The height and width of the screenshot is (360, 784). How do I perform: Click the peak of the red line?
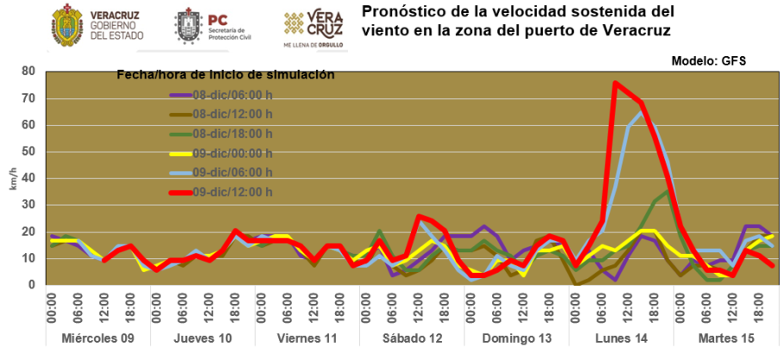[x=615, y=84]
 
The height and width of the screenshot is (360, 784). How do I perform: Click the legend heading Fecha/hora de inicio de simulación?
[x=225, y=75]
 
